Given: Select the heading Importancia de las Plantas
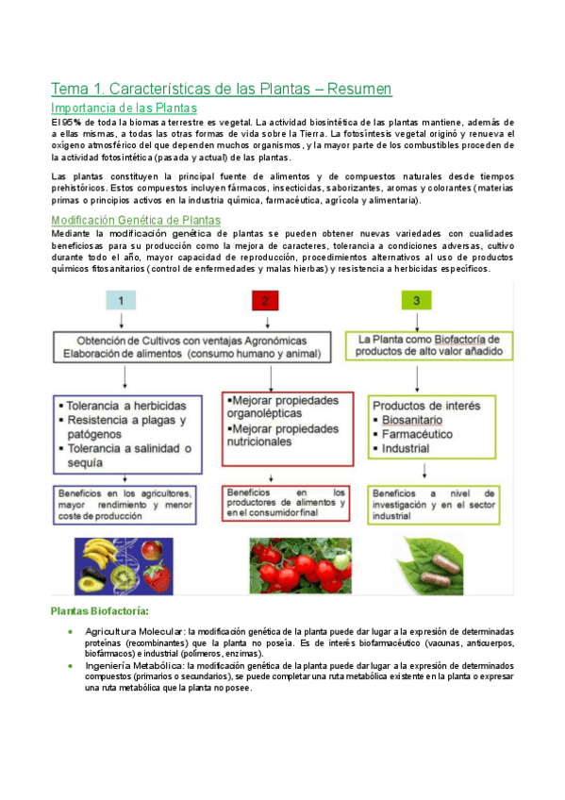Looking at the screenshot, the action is [124, 108].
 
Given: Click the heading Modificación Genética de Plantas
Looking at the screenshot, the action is [135, 220].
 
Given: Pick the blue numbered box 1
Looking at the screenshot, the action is [121, 301].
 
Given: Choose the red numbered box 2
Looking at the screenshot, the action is [266, 301].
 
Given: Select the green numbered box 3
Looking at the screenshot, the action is [416, 301].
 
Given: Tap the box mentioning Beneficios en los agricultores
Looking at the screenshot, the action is [125, 505].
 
